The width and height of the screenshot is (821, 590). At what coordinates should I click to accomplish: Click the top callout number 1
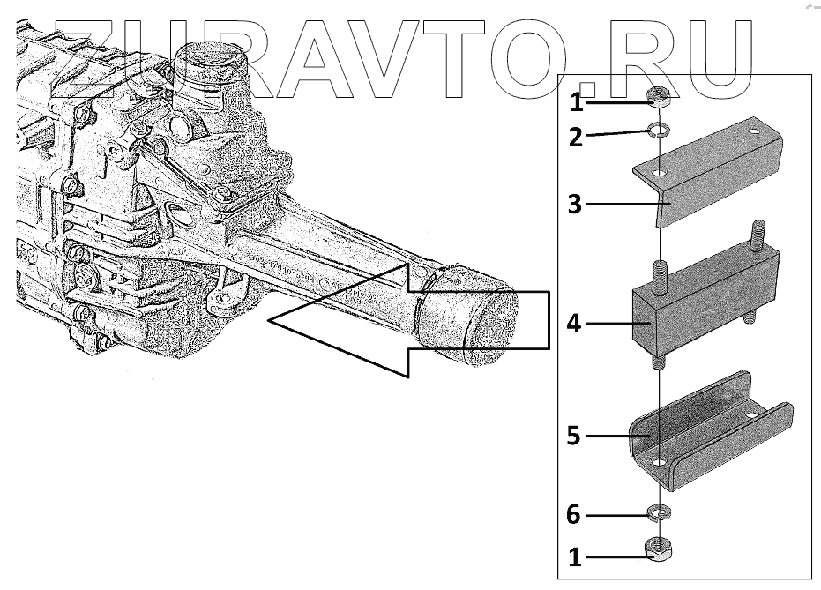[x=576, y=103]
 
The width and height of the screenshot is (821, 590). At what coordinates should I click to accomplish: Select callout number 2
[x=576, y=137]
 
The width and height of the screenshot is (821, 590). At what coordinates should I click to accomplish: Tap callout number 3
[x=575, y=205]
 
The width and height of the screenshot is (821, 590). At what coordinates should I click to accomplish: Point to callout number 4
[x=575, y=325]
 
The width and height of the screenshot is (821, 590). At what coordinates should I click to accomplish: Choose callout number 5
[x=575, y=436]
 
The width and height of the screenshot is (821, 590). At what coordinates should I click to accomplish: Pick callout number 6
[x=575, y=514]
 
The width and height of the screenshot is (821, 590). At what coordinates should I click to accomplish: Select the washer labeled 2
[x=656, y=131]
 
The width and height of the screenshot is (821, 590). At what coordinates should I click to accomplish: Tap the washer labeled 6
[x=656, y=512]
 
